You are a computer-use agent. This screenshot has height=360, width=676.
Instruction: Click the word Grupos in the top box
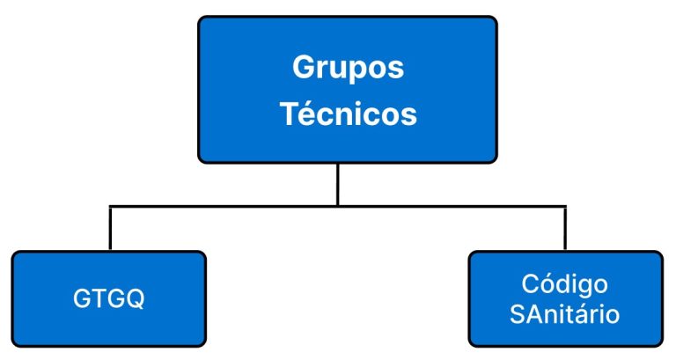[x=348, y=68]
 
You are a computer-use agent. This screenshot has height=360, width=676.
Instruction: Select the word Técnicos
[x=349, y=114]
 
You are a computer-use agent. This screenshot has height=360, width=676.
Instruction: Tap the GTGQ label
[x=108, y=298]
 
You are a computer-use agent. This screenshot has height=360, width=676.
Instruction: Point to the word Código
[x=564, y=284]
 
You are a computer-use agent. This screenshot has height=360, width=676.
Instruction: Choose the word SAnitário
[x=564, y=314]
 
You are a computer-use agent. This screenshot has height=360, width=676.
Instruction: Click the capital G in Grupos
[x=305, y=67]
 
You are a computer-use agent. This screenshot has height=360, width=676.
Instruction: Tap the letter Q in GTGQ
[x=135, y=298]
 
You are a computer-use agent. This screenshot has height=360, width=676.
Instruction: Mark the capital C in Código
[x=531, y=284]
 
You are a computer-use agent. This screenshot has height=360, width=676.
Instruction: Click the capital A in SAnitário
[x=536, y=314]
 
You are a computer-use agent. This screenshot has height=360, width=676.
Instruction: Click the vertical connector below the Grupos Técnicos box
[x=338, y=185]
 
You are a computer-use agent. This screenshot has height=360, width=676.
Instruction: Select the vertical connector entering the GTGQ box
[x=110, y=229]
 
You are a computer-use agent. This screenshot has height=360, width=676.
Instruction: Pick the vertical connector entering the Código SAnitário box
[x=565, y=229]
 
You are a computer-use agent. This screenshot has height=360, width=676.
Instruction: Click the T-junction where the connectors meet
[x=338, y=207]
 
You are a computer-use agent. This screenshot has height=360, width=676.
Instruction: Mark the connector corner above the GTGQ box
[x=110, y=207]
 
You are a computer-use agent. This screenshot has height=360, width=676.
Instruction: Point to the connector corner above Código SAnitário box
[x=565, y=207]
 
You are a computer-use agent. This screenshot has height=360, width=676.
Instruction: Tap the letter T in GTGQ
[x=95, y=298]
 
